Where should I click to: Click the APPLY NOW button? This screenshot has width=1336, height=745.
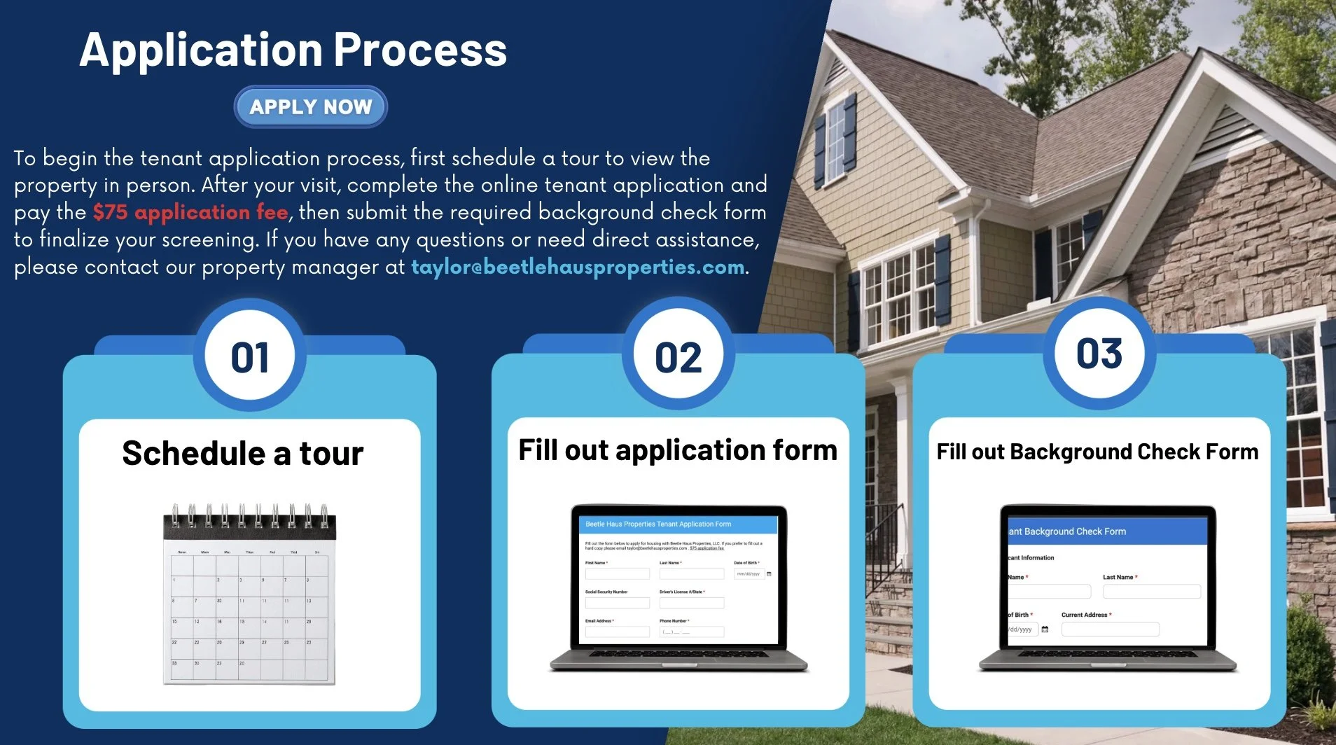(310, 107)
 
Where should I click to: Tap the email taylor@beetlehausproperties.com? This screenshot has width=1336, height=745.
(578, 267)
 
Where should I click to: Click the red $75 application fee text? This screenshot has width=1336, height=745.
(190, 212)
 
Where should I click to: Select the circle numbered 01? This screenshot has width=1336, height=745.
(250, 358)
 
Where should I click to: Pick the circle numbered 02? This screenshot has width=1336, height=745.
(678, 358)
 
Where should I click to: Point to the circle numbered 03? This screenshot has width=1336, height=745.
(1099, 354)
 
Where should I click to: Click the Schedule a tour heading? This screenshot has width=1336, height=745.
(243, 453)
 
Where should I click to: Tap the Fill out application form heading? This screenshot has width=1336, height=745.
(677, 450)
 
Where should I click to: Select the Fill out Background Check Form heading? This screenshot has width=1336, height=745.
(1097, 452)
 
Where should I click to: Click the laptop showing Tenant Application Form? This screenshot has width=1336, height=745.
(678, 588)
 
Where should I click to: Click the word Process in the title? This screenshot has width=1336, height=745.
(420, 50)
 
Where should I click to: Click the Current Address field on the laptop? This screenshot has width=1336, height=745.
(1110, 629)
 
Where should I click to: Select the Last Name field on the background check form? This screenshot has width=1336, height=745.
(1151, 592)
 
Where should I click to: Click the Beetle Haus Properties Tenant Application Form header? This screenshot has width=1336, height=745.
(658, 524)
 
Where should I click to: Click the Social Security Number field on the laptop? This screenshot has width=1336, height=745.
(617, 603)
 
